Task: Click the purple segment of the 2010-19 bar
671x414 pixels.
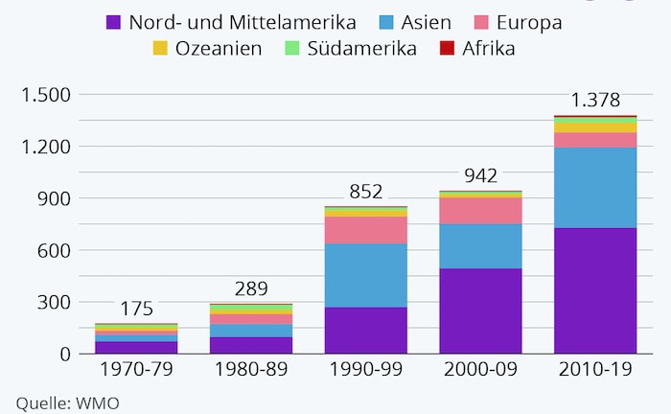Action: pyautogui.click(x=595, y=290)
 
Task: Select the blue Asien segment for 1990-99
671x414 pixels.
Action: pyautogui.click(x=366, y=275)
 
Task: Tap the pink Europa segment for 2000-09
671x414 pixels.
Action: pyautogui.click(x=481, y=210)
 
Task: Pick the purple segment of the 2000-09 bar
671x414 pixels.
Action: pyautogui.click(x=481, y=310)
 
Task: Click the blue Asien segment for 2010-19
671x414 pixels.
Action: pyautogui.click(x=595, y=187)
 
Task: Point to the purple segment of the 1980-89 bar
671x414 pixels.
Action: pyautogui.click(x=252, y=345)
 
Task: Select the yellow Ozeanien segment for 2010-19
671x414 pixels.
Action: pyautogui.click(x=595, y=126)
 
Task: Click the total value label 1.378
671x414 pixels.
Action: pyautogui.click(x=595, y=100)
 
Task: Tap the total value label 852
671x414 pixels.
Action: pyautogui.click(x=366, y=191)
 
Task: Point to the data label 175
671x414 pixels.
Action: pyautogui.click(x=137, y=309)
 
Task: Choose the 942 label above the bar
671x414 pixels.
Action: pyautogui.click(x=481, y=175)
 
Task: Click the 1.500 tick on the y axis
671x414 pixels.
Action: pyautogui.click(x=44, y=95)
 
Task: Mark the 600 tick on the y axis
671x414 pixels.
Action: pyautogui.click(x=53, y=250)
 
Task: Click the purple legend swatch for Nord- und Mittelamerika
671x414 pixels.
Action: pyautogui.click(x=113, y=20)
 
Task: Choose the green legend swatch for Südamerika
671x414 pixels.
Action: pyautogui.click(x=288, y=48)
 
